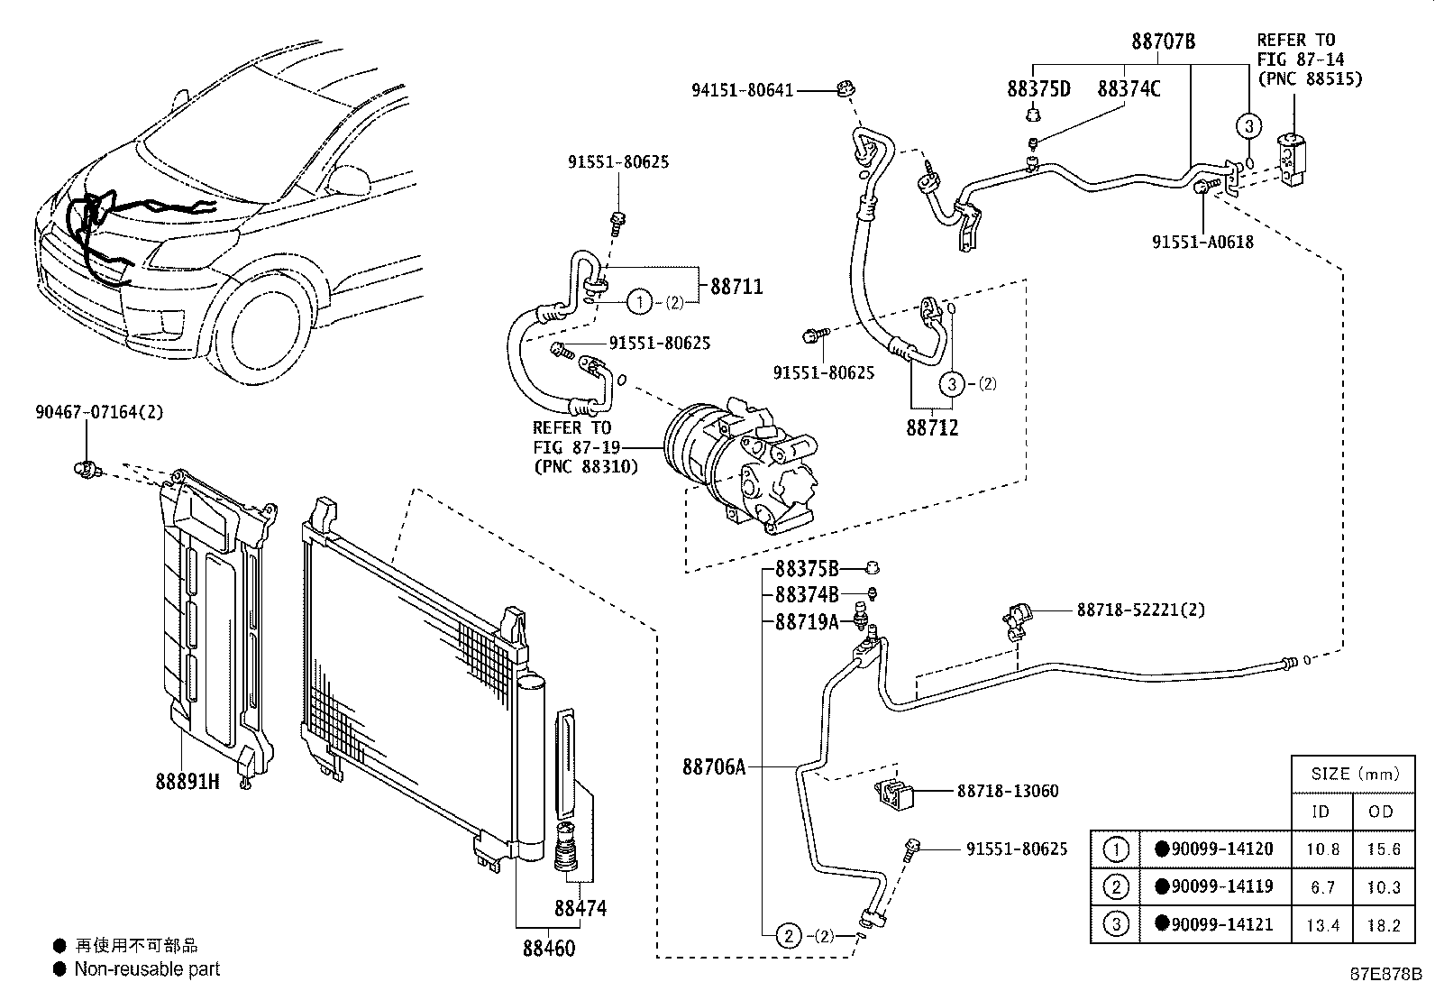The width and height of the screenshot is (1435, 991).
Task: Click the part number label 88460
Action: pyautogui.click(x=548, y=948)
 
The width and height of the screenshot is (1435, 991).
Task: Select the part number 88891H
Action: pyautogui.click(x=187, y=781)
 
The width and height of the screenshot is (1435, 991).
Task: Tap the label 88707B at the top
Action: pyautogui.click(x=1163, y=41)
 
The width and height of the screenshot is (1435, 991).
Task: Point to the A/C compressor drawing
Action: pyautogui.click(x=741, y=465)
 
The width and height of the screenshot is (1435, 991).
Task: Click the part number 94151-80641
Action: pyautogui.click(x=742, y=90)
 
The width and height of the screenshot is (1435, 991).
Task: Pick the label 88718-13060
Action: pyautogui.click(x=1007, y=791)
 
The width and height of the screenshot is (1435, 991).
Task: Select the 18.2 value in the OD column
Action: pyautogui.click(x=1382, y=924)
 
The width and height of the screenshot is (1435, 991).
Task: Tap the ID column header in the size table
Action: pyautogui.click(x=1321, y=812)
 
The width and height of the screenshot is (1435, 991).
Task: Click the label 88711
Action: pyautogui.click(x=736, y=287)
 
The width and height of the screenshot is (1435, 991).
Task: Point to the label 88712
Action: pyautogui.click(x=932, y=427)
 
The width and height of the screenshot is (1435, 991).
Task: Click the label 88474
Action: pyautogui.click(x=580, y=908)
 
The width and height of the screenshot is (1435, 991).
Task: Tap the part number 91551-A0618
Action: pyautogui.click(x=1202, y=242)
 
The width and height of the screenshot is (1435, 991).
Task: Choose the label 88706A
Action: pyautogui.click(x=714, y=767)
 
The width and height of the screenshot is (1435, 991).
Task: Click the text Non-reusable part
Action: pyautogui.click(x=147, y=969)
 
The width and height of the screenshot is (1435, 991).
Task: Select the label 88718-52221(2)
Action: pyautogui.click(x=1140, y=610)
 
